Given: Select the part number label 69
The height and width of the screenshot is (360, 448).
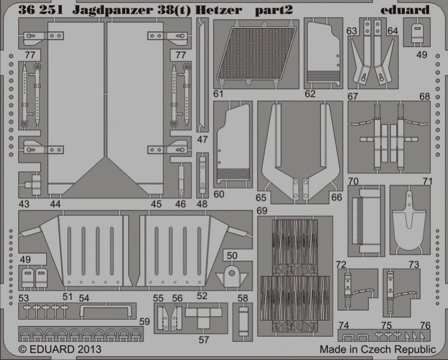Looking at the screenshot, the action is (x=262, y=210).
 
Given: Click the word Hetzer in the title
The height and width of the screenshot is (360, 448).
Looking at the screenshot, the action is (x=219, y=10).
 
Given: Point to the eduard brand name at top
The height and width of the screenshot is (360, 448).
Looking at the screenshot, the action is (x=405, y=10).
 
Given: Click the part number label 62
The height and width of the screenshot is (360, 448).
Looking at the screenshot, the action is (x=310, y=94).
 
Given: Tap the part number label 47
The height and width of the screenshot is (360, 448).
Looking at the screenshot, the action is (x=202, y=139).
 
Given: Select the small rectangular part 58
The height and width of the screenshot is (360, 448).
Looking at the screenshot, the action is (x=243, y=321).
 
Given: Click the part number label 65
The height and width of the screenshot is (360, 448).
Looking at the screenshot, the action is (x=261, y=197).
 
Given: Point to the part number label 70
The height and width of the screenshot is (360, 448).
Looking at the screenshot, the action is (x=353, y=181).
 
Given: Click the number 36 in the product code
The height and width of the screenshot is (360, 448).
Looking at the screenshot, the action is (x=25, y=10).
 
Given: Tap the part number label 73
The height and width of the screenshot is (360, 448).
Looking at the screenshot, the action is (x=414, y=264).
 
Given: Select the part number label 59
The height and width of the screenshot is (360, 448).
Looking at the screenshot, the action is (x=145, y=321).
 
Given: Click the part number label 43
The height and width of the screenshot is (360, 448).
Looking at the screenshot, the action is (x=24, y=204).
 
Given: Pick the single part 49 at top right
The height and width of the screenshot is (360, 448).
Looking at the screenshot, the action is (x=417, y=33).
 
